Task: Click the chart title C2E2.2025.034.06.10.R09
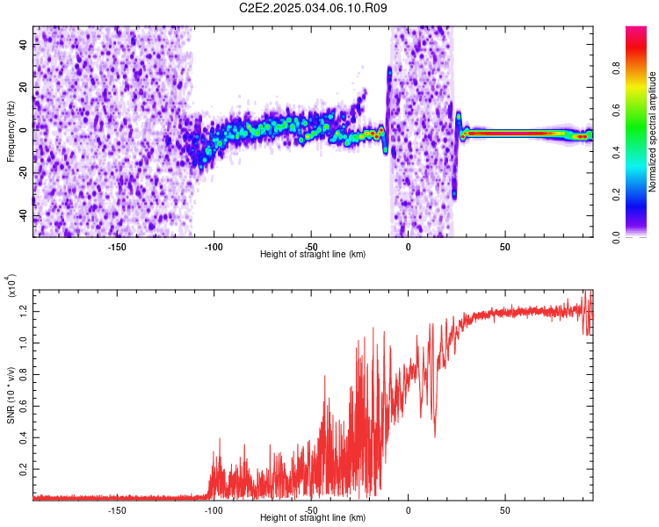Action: [x=313, y=8]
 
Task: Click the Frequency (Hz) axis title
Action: [x=11, y=132]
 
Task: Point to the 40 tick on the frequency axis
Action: [x=23, y=44]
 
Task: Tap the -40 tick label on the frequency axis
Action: [x=23, y=216]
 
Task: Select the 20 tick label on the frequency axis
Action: [x=23, y=87]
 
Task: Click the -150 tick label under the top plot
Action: [x=116, y=247]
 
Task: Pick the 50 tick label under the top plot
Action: [x=504, y=247]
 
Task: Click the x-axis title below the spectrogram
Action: [x=313, y=254]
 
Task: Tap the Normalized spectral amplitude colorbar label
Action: [x=652, y=132]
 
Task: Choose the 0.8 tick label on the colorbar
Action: [x=616, y=68]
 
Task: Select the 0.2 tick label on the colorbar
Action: [x=616, y=195]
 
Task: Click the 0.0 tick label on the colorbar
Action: [x=616, y=237]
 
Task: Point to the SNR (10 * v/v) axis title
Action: [x=11, y=395]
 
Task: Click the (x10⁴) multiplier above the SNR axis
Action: [x=11, y=285]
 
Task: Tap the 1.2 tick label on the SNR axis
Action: [x=23, y=312]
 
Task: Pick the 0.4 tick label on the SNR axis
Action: [x=23, y=437]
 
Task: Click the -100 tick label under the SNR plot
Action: [x=214, y=510]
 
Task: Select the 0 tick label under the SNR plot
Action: [x=408, y=510]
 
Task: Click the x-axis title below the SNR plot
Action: [x=313, y=517]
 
